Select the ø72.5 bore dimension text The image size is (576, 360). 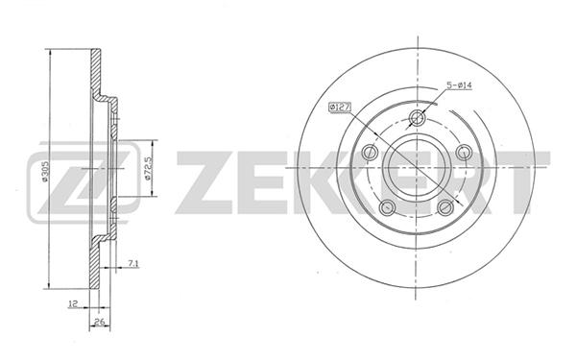[149, 168]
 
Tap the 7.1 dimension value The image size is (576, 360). [133, 263]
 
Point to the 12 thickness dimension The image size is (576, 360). [73, 303]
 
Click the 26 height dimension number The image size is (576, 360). [100, 322]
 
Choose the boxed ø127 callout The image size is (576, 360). [340, 107]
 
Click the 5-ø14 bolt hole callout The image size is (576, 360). [459, 85]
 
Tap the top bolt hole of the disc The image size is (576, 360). [417, 118]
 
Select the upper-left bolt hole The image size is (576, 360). [370, 152]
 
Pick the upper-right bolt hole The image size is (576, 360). [464, 152]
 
